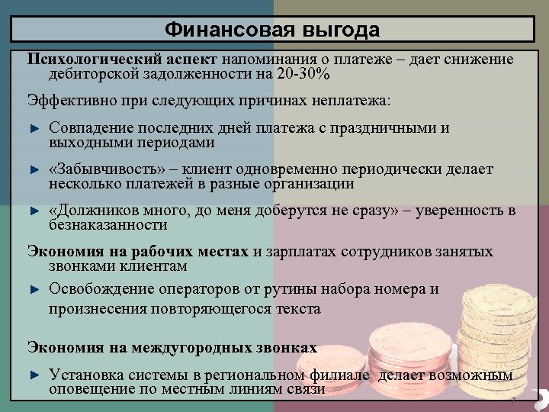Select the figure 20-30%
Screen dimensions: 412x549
click(303, 73)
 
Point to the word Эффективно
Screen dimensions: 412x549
click(65, 101)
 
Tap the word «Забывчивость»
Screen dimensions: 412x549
click(98, 169)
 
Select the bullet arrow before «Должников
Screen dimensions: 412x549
click(34, 211)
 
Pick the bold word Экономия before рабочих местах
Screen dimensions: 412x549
click(62, 252)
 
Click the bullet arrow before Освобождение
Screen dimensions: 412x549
click(34, 290)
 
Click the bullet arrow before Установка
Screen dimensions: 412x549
click(34, 375)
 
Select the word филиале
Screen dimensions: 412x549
click(342, 375)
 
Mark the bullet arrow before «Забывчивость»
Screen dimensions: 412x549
click(34, 169)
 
